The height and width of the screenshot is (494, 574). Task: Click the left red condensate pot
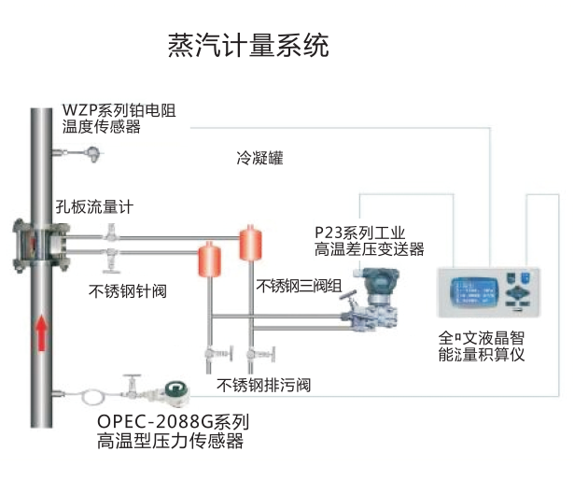pyautogui.click(x=208, y=259)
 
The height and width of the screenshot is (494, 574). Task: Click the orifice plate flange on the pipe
pyautogui.click(x=40, y=242)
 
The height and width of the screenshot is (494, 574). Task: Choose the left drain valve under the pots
pyautogui.click(x=212, y=354)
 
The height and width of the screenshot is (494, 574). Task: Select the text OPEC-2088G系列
pyautogui.click(x=174, y=420)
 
